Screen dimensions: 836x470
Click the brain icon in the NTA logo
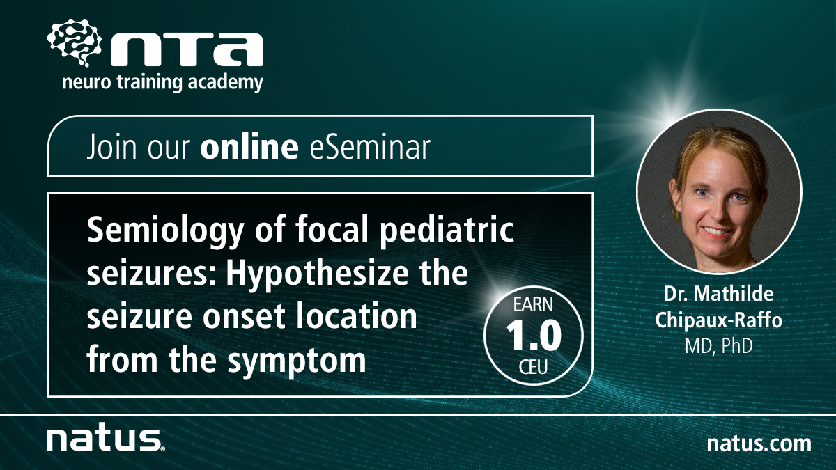75,42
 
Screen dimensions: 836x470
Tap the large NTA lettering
187,49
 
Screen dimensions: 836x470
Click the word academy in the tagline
226,82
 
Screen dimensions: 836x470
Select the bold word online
249,146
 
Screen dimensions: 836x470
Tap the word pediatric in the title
447,231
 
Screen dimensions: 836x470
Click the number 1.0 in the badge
534,336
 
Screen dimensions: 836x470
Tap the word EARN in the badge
533,305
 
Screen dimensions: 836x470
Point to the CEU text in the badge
534,367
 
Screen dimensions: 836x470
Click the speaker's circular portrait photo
719,191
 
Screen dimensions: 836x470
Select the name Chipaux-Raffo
718,320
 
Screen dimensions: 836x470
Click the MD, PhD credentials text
718,346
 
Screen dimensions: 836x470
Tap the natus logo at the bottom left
106,440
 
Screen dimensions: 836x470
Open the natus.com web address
759,444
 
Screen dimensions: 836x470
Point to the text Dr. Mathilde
718,294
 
